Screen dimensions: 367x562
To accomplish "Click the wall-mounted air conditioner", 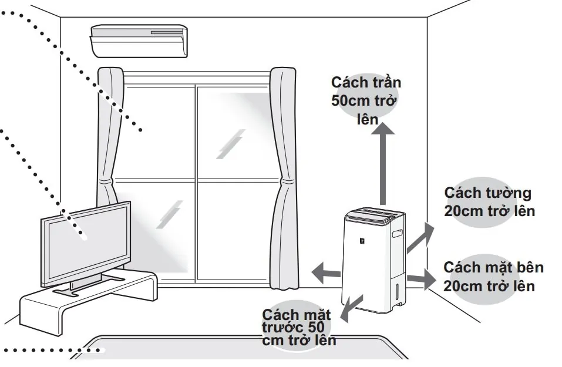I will point(139,41).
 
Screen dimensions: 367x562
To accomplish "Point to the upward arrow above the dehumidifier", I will point(385,164).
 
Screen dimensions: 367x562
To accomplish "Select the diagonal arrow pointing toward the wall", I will point(421,237).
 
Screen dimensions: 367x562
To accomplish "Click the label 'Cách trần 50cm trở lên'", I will point(366,100).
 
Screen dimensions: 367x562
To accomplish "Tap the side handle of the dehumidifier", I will point(398,234).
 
